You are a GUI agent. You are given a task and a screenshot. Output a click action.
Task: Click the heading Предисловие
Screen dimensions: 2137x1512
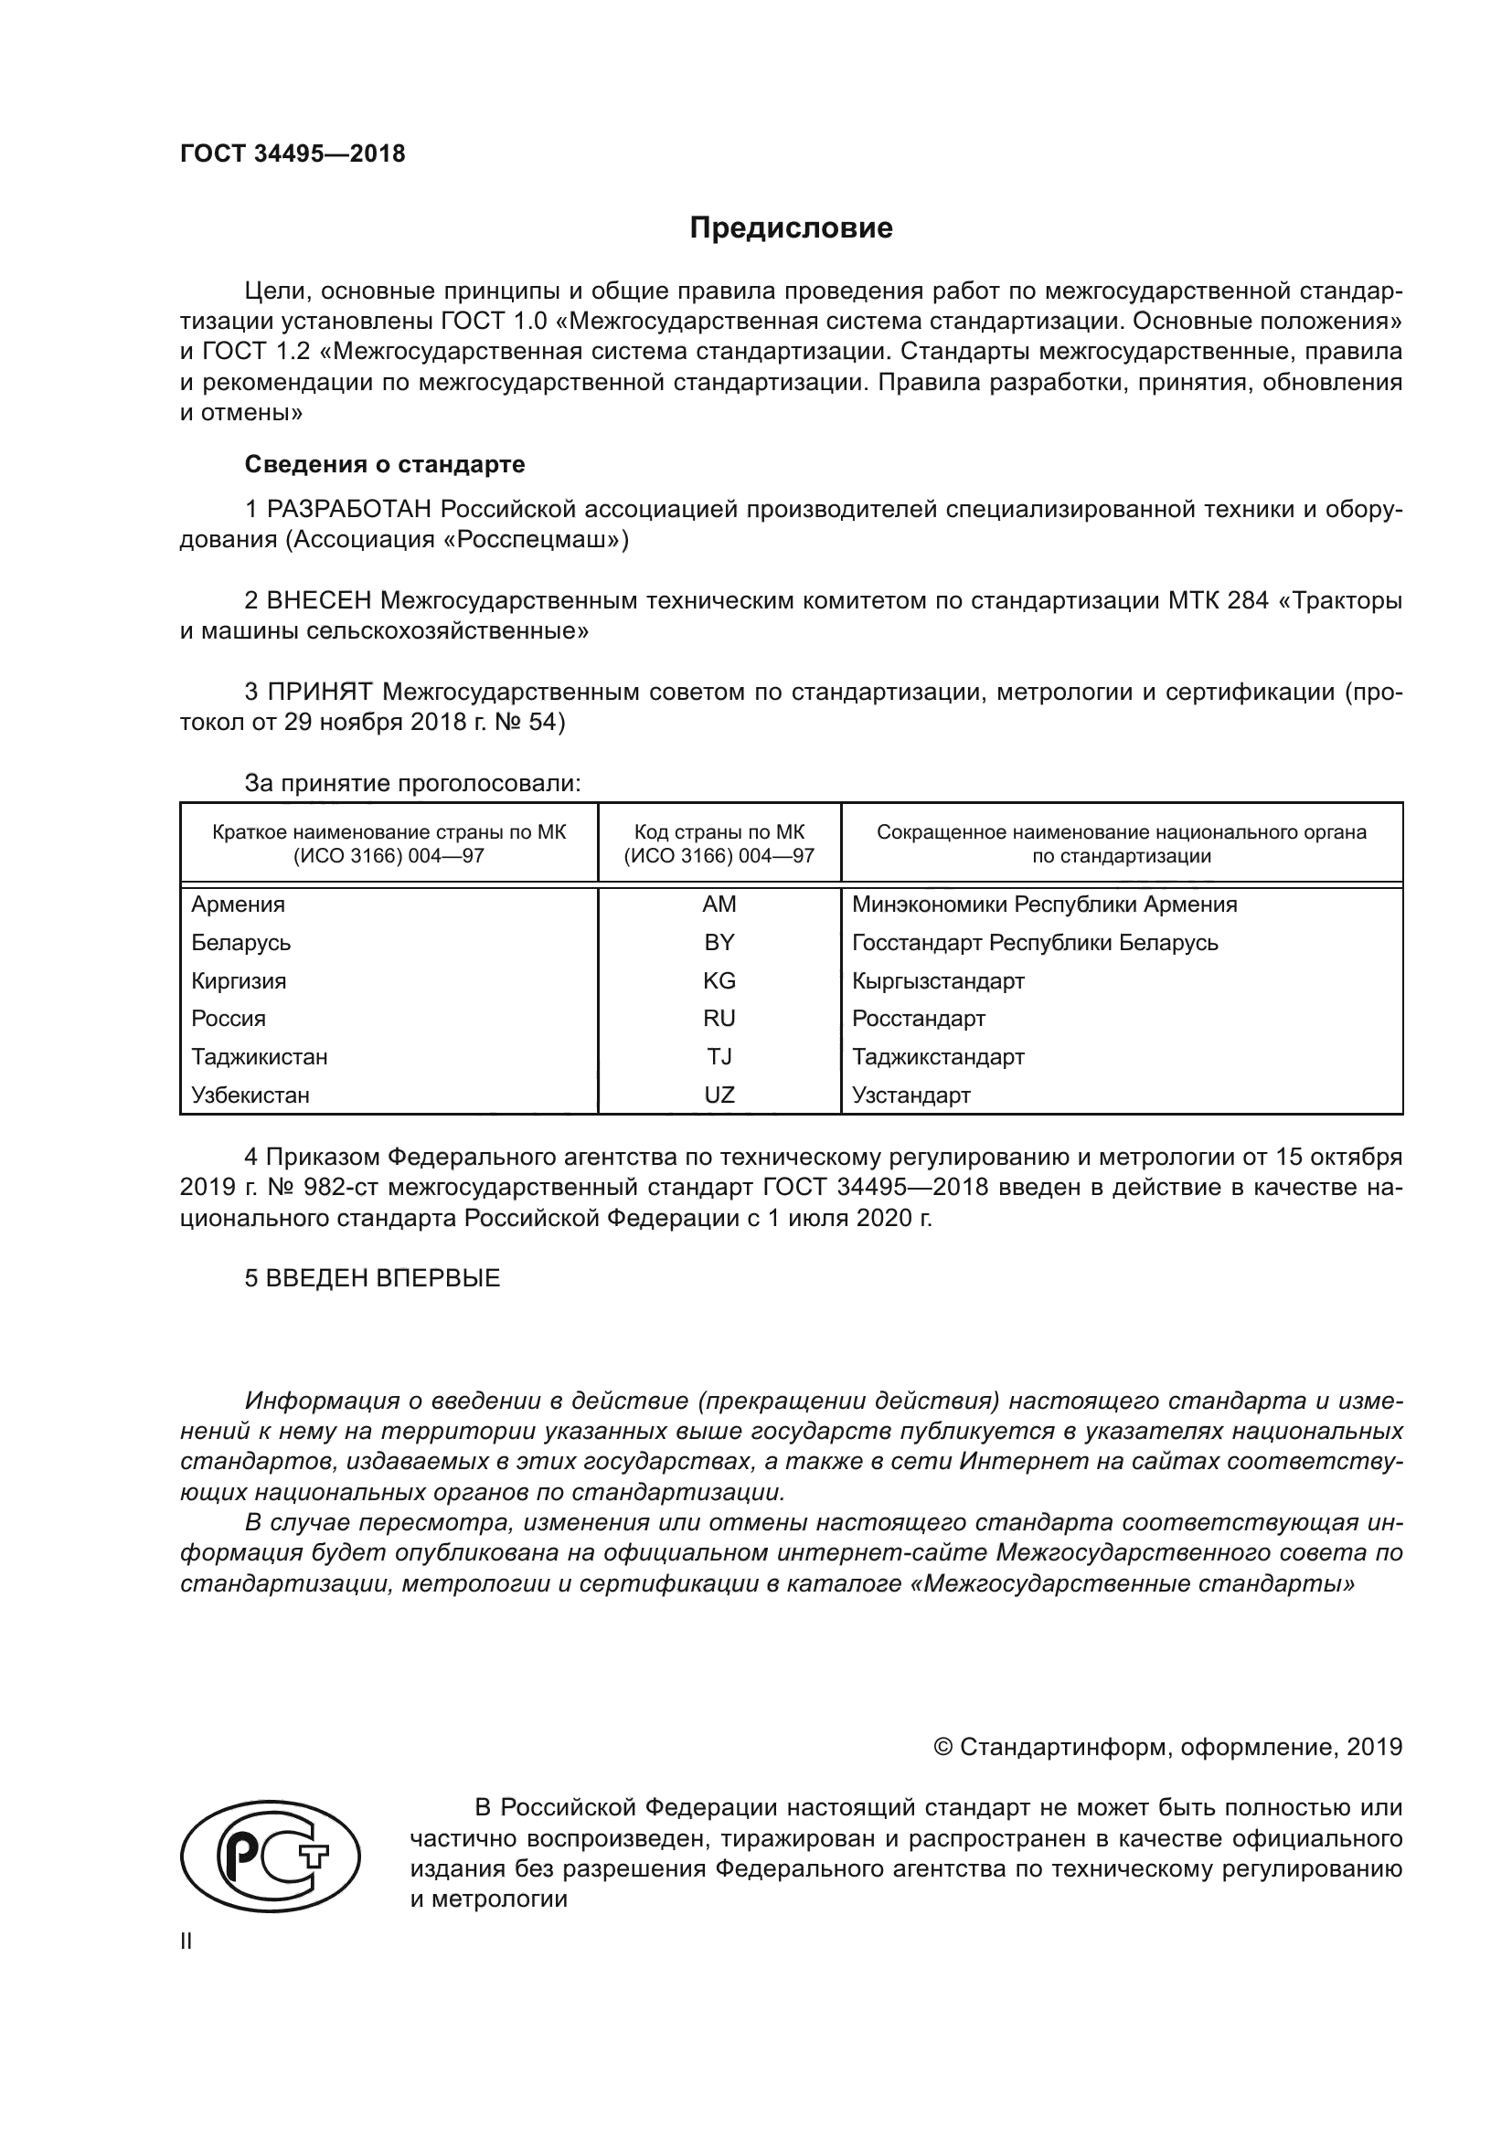(791, 228)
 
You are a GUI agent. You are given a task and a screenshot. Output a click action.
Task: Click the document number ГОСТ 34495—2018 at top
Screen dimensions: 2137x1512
(293, 154)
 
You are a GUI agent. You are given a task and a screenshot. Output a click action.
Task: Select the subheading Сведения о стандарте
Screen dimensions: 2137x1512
(385, 463)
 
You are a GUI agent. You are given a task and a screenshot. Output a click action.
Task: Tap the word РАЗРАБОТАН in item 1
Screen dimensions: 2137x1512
(349, 509)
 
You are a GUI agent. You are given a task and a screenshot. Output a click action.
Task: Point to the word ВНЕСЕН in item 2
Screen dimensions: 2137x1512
(319, 600)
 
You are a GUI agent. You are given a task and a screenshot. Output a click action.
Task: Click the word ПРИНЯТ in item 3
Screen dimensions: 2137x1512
(320, 692)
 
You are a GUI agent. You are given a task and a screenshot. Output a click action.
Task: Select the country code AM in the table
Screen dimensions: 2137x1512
(719, 905)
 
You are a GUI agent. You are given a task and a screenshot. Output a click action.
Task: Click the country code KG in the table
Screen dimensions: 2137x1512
(719, 981)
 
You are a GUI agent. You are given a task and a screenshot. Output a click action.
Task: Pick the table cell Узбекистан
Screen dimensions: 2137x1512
(250, 1095)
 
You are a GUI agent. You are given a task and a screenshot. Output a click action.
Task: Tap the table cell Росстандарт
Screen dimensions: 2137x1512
(918, 1020)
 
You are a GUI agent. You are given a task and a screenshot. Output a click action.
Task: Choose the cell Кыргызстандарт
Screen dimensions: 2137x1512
(938, 981)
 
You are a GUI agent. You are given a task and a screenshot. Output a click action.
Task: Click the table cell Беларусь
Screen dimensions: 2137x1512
(241, 943)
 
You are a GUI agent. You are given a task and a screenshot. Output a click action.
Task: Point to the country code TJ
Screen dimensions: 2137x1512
(719, 1057)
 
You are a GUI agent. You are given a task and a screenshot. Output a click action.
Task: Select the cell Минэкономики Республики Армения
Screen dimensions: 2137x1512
(1044, 905)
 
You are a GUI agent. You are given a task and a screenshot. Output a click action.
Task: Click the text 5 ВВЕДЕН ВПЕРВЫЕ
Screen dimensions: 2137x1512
(372, 1278)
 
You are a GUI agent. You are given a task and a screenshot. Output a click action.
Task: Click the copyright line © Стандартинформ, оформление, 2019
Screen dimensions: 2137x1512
(1167, 1747)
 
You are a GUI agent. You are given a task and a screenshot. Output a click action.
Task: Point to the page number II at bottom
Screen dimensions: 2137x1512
(186, 1941)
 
